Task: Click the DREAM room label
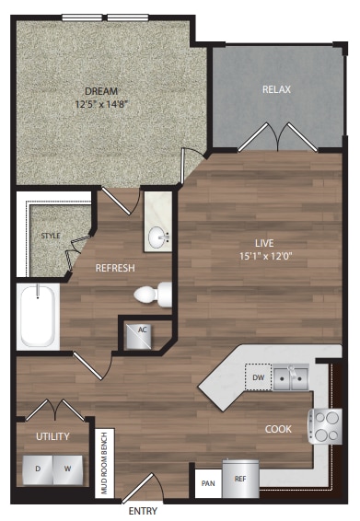click(x=101, y=90)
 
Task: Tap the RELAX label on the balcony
click(x=276, y=89)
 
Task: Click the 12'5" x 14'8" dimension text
click(x=101, y=104)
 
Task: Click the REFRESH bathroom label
click(x=116, y=269)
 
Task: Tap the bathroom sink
click(x=158, y=237)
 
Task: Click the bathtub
click(x=38, y=316)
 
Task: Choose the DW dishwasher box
click(x=257, y=376)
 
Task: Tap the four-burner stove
click(x=326, y=425)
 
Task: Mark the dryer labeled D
click(x=38, y=468)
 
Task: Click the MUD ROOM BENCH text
click(x=105, y=463)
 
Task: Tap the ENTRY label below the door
click(x=143, y=510)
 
